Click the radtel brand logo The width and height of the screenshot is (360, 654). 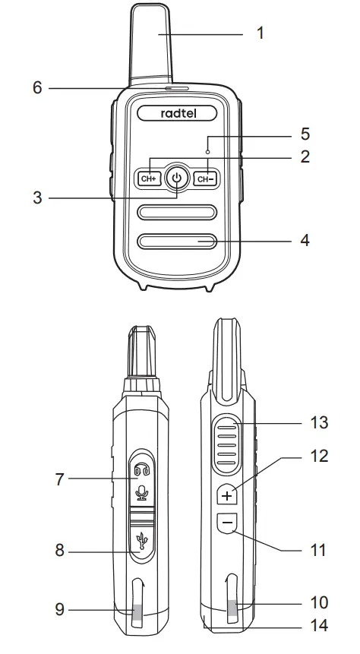[x=177, y=112]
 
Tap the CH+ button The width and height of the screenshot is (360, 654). [x=147, y=179]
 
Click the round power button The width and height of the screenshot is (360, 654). [x=176, y=179]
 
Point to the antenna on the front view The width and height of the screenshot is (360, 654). [x=159, y=46]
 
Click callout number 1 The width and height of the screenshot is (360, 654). [x=261, y=34]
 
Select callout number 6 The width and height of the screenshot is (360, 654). [x=37, y=87]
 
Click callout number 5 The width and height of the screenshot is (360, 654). [x=305, y=134]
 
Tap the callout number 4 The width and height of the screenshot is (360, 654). [x=305, y=241]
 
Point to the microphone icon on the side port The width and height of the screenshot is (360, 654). [x=141, y=494]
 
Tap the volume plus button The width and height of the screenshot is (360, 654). [x=227, y=494]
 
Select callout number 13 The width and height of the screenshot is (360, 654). [x=320, y=422]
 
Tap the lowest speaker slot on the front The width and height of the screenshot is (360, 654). [x=177, y=242]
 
